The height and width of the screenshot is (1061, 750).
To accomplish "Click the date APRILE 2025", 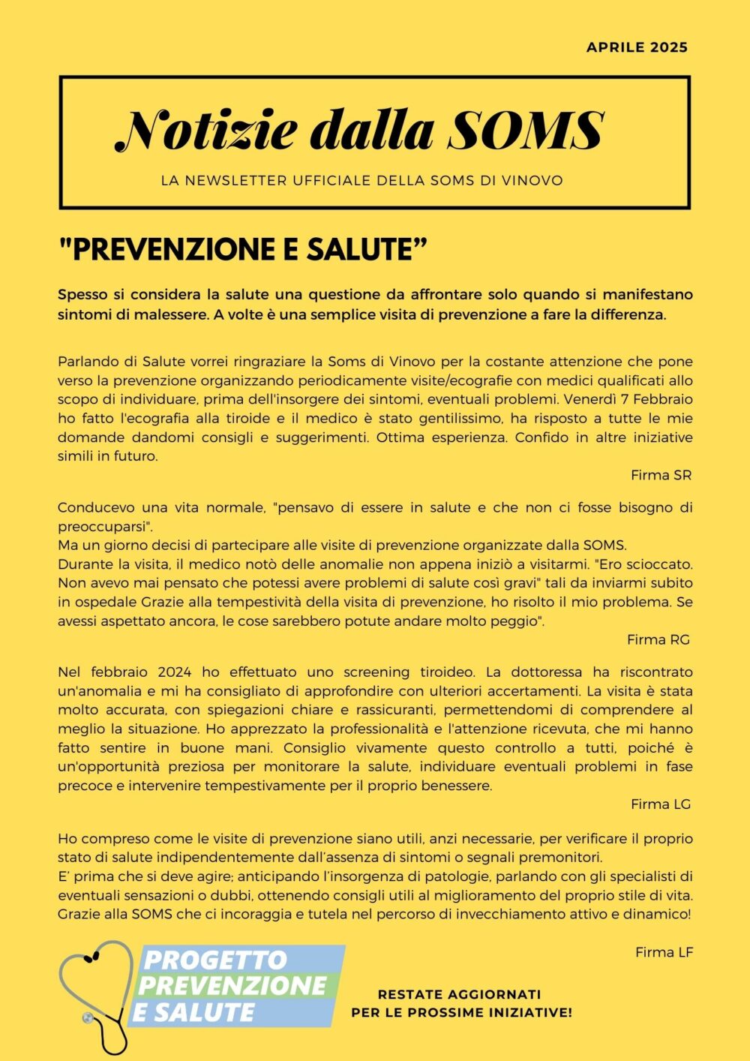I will click(637, 47).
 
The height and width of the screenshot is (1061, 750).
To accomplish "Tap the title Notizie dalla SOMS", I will click(360, 130).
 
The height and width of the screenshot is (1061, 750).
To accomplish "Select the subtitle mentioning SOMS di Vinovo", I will click(361, 181).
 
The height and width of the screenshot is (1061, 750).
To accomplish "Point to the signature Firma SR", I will click(661, 475).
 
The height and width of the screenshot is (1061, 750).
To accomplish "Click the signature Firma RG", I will click(658, 639).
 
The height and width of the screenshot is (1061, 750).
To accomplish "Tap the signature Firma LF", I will click(664, 952).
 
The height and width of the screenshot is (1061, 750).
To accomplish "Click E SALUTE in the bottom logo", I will click(193, 1012).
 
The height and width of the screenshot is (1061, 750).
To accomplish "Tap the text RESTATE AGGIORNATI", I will click(459, 994).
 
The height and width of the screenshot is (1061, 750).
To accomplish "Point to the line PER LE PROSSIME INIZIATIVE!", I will click(461, 1013).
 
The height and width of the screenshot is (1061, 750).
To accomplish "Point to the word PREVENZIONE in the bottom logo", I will click(232, 985).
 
